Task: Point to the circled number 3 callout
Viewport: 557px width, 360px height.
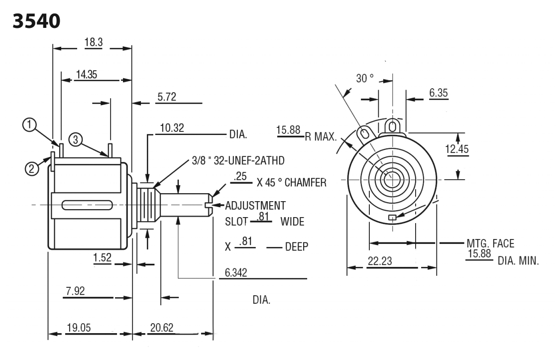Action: click(76, 139)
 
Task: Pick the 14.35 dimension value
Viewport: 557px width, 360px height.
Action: click(86, 74)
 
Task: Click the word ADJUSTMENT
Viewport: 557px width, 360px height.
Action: click(255, 205)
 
